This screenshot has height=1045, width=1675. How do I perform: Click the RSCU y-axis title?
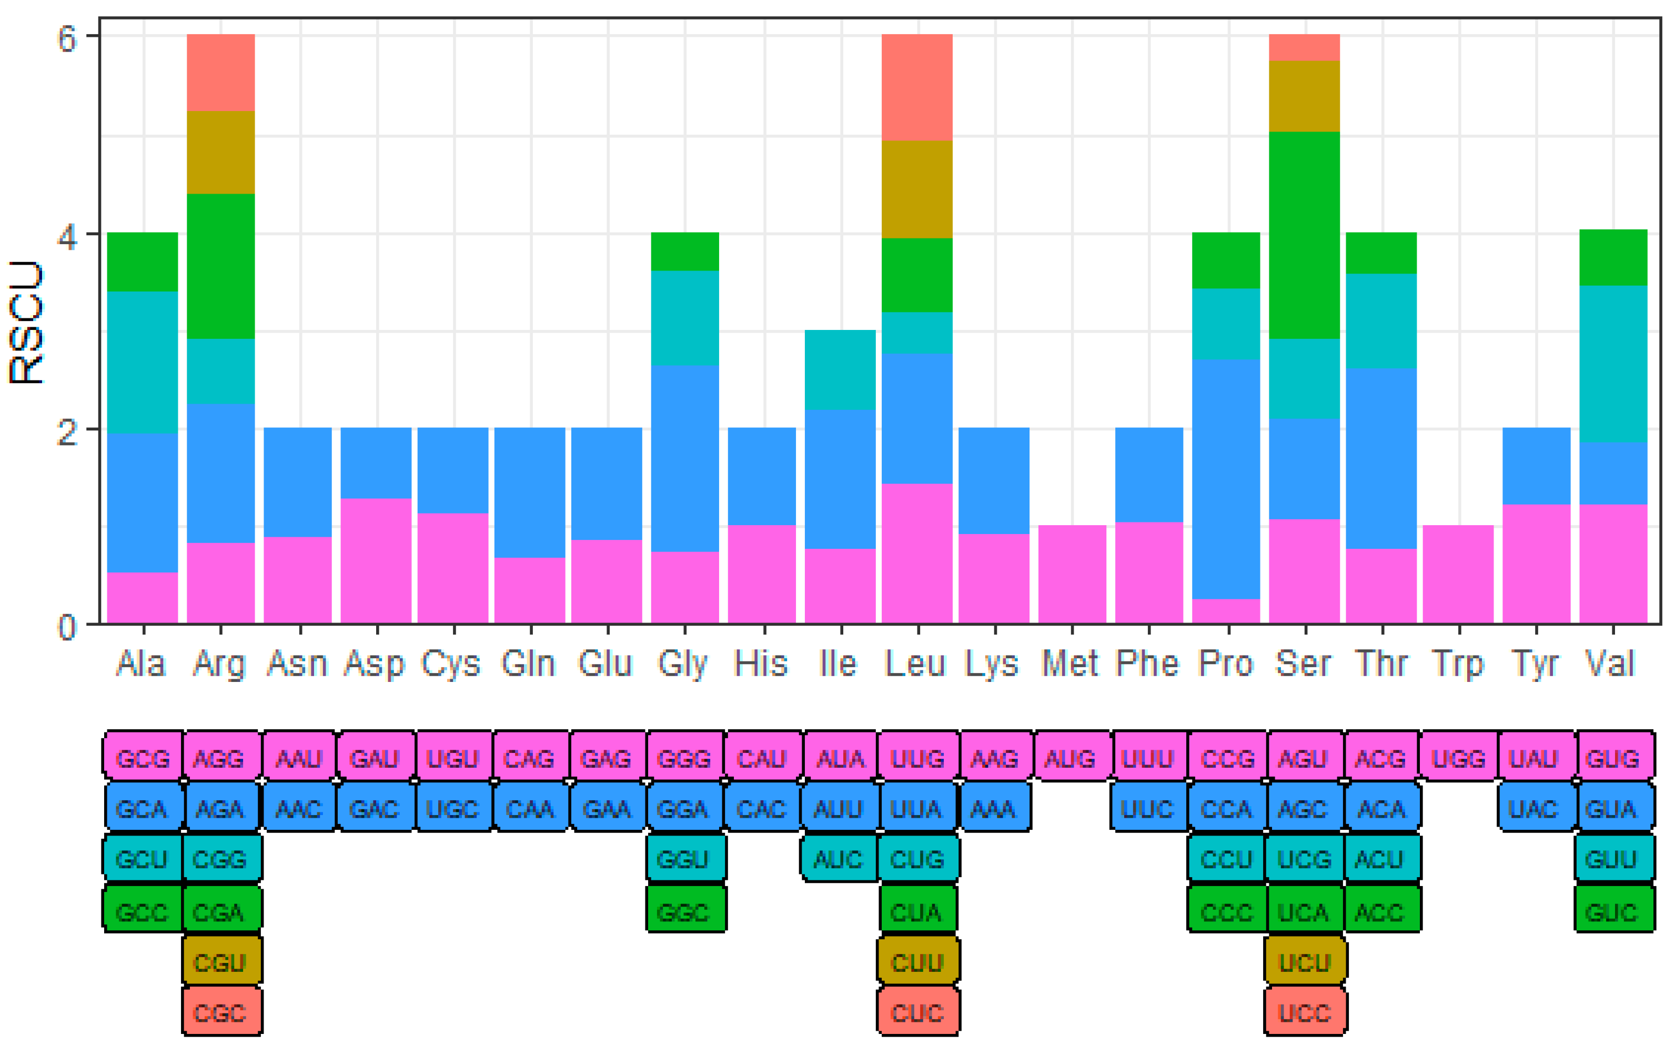(26, 322)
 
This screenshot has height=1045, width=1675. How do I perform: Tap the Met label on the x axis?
(1069, 664)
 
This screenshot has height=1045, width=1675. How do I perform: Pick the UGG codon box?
(1458, 759)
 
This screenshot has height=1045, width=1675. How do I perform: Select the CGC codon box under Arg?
(220, 1013)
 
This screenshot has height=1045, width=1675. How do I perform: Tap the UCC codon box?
(1305, 1013)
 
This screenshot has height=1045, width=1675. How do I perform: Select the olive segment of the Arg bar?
(220, 152)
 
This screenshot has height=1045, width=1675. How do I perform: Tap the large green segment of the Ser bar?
(1304, 235)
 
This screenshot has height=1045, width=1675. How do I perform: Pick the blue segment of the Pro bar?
(1226, 478)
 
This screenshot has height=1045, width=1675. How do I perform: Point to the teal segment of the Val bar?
(1613, 364)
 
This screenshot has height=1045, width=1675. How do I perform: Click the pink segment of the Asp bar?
(376, 560)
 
